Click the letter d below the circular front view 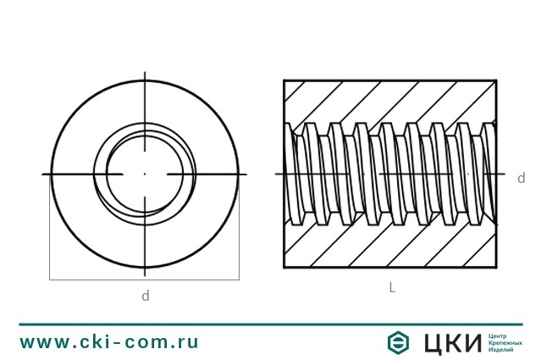pyautogui.click(x=145, y=296)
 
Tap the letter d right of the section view pyautogui.click(x=521, y=178)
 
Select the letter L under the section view pyautogui.click(x=392, y=287)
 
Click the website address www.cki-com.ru pyautogui.click(x=109, y=341)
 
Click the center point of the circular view pyautogui.click(x=145, y=174)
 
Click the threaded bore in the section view pyautogui.click(x=389, y=174)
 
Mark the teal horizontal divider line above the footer pyautogui.click(x=270, y=324)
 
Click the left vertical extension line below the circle pyautogui.click(x=49, y=229)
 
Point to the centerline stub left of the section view pyautogui.click(x=279, y=174)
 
